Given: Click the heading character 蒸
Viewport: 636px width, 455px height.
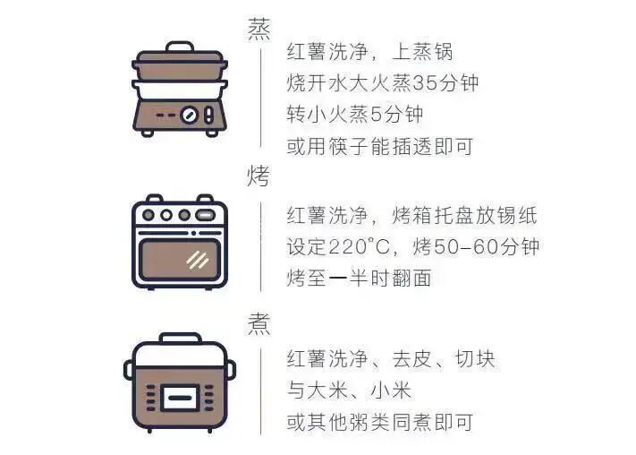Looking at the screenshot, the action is point(259,29).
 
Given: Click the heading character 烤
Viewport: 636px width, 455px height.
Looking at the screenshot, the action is point(259,176).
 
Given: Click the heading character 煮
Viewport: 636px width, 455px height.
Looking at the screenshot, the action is point(259,322).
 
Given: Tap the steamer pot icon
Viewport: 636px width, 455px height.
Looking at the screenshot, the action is point(180,90).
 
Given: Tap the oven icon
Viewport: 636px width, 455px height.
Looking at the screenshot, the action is point(180,242).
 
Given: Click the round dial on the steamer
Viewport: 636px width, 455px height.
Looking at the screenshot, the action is point(190,115).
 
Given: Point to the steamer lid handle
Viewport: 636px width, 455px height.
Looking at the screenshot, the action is point(180,47).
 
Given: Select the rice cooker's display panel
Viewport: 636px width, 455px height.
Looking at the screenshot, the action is point(179,395).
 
